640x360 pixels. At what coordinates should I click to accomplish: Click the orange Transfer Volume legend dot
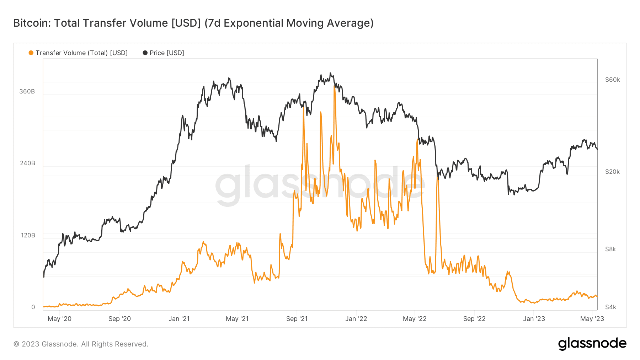[31, 53]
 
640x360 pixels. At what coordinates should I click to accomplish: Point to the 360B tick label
[27, 91]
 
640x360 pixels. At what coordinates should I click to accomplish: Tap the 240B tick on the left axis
[27, 163]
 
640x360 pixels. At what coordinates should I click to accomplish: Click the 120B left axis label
[28, 235]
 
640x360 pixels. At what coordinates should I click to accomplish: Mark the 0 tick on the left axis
[33, 307]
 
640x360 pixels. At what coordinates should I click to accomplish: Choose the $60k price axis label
[612, 80]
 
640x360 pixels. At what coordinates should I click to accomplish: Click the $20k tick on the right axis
[612, 172]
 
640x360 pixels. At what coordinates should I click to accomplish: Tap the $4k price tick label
[610, 307]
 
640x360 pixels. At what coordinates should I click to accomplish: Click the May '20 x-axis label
[59, 319]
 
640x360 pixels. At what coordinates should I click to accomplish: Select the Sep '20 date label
[119, 319]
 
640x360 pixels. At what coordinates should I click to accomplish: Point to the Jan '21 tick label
[179, 319]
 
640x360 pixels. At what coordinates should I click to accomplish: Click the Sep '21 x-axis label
[297, 319]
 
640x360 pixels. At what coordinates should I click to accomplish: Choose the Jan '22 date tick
[356, 319]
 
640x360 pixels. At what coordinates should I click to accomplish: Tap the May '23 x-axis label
[592, 319]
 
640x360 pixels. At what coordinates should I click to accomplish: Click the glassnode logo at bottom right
[592, 344]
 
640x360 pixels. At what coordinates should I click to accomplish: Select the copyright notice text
[81, 344]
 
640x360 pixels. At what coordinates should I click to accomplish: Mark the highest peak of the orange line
[335, 86]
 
